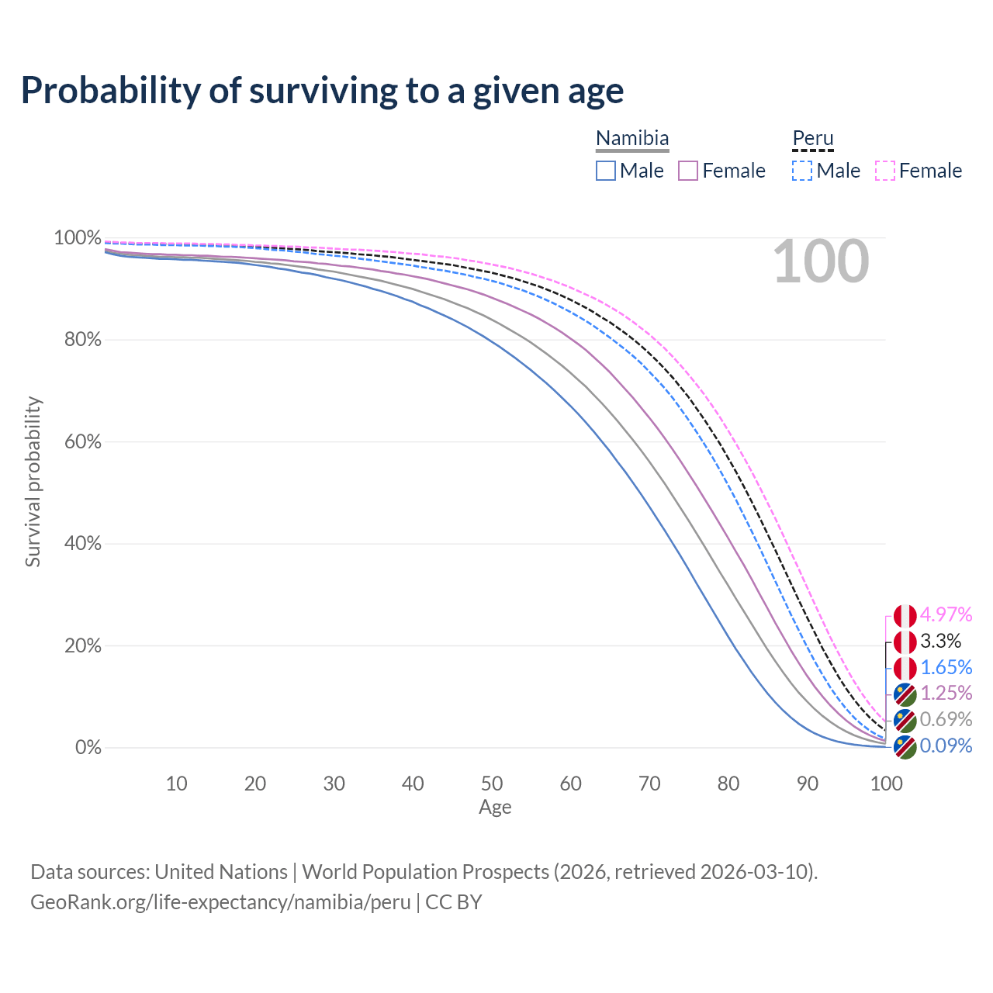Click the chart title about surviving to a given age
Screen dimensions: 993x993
coord(322,91)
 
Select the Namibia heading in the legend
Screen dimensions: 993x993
coord(632,139)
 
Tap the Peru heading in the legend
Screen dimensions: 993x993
coord(812,139)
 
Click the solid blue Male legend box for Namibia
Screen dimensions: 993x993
coord(606,171)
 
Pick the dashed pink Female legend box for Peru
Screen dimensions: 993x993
coord(885,171)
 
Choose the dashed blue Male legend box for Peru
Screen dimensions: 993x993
coord(802,171)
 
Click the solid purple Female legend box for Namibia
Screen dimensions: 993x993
coord(688,171)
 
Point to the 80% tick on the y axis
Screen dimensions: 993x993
coord(78,340)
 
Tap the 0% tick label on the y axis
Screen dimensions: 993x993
coord(88,748)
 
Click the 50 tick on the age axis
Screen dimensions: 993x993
coord(492,784)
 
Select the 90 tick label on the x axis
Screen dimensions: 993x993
coord(808,784)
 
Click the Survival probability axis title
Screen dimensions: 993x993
coord(33,482)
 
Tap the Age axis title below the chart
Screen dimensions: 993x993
coord(495,808)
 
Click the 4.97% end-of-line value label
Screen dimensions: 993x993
coord(946,615)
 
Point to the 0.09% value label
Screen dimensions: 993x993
coord(946,746)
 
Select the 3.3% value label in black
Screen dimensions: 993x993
coord(940,642)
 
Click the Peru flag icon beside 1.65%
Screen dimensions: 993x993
coord(905,668)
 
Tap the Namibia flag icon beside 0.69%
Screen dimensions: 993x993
coord(905,721)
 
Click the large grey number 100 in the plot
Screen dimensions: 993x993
coord(821,262)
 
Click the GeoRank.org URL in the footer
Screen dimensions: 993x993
coord(220,902)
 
